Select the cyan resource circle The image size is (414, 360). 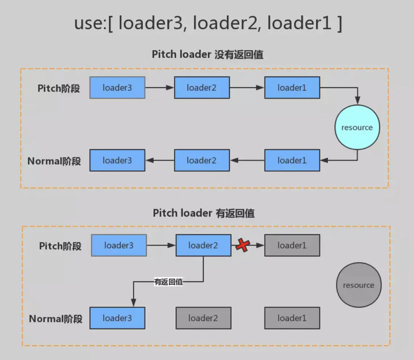[357, 127]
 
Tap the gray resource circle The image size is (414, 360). [358, 285]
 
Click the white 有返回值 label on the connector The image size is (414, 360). [169, 282]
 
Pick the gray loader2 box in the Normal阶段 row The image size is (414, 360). [203, 318]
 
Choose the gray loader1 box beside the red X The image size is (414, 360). [292, 246]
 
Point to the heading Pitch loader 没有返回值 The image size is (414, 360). [207, 55]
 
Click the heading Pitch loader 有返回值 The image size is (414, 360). [204, 213]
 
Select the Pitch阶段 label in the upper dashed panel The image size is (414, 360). [59, 88]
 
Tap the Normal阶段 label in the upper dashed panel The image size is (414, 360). [54, 161]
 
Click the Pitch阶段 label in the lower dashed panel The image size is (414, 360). [60, 246]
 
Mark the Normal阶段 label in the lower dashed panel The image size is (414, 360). [55, 319]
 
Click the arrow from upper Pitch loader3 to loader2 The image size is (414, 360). [160, 88]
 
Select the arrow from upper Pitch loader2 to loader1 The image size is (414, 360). [247, 88]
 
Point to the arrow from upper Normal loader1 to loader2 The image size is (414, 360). [247, 160]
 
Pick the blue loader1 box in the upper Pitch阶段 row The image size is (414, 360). [292, 88]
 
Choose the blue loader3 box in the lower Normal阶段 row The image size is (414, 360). [117, 318]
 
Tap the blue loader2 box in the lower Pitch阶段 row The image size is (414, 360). [203, 246]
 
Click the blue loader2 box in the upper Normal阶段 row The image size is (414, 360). [202, 160]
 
